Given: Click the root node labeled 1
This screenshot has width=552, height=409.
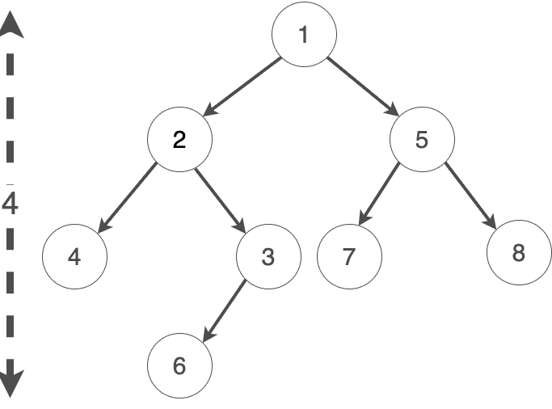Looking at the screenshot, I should pyautogui.click(x=304, y=36).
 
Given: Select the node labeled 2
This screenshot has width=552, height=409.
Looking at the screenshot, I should pyautogui.click(x=179, y=140).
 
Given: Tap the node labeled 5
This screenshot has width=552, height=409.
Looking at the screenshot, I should pyautogui.click(x=422, y=140).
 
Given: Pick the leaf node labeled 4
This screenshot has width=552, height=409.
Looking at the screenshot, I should pyautogui.click(x=74, y=257).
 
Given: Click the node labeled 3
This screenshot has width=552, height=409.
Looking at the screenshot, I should pyautogui.click(x=268, y=257).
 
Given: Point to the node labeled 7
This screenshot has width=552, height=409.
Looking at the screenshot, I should pyautogui.click(x=349, y=257).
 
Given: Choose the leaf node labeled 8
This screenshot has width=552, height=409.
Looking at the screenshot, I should pyautogui.click(x=519, y=253).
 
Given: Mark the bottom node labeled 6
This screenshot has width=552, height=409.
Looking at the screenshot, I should pyautogui.click(x=179, y=366).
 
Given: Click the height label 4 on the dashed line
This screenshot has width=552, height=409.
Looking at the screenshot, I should pyautogui.click(x=10, y=204).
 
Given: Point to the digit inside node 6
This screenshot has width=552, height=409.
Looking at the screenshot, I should pyautogui.click(x=179, y=366).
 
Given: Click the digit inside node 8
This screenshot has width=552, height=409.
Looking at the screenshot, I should pyautogui.click(x=519, y=253).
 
